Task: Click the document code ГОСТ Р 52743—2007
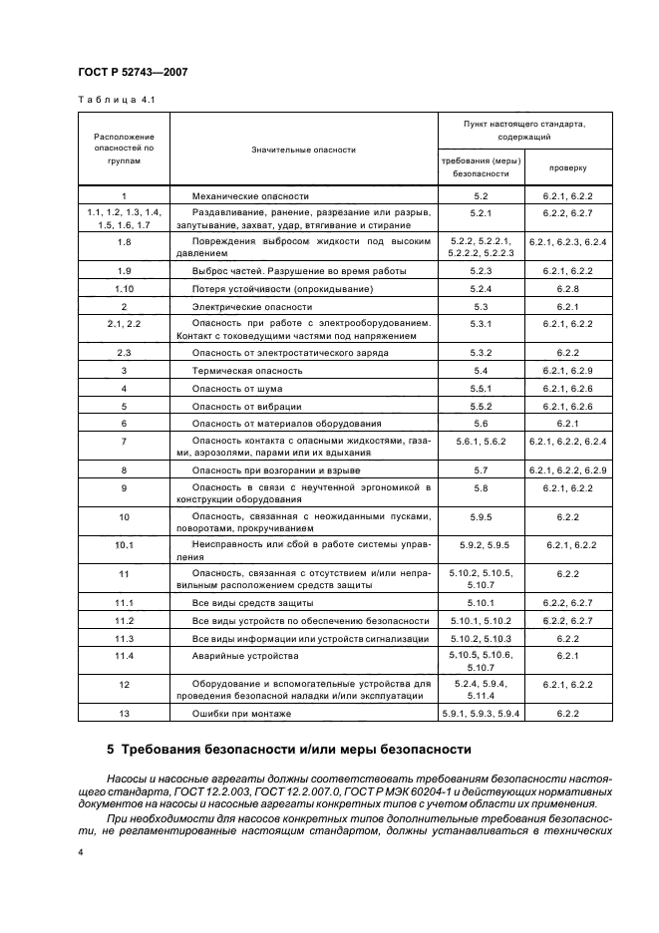point(133,72)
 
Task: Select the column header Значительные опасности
point(304,150)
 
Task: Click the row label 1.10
point(125,289)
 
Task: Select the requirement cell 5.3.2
point(484,353)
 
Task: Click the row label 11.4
point(125,656)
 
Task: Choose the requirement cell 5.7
point(484,469)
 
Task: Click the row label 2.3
point(125,353)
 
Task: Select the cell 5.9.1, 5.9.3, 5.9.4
point(484,715)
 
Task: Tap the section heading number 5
point(111,750)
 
